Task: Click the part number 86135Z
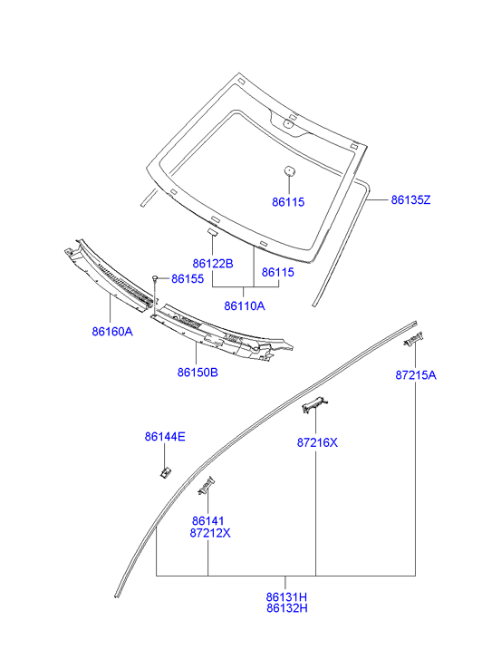click(x=410, y=199)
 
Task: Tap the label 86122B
click(x=213, y=264)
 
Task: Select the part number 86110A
click(x=244, y=305)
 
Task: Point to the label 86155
click(x=188, y=278)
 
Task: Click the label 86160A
click(x=112, y=332)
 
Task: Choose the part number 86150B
click(x=198, y=373)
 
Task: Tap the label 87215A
click(x=416, y=375)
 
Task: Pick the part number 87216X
click(x=317, y=442)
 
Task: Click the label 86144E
click(x=165, y=437)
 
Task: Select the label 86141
click(x=208, y=521)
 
